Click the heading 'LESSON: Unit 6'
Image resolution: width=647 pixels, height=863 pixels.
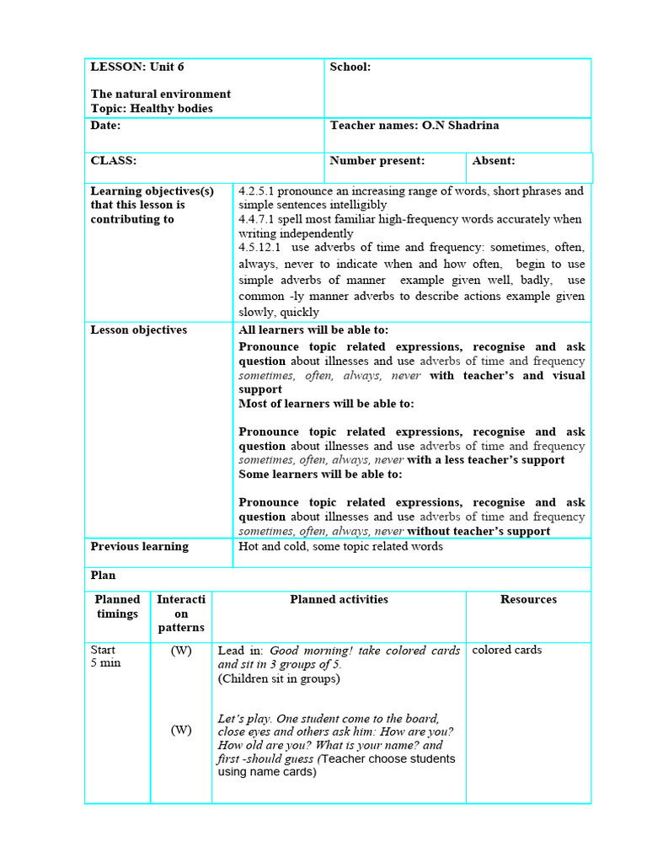(136, 67)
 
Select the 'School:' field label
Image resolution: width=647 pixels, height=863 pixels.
(350, 67)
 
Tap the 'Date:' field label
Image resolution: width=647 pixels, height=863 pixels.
(105, 125)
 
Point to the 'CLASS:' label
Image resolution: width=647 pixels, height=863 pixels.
(113, 160)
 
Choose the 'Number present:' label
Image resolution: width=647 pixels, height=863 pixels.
(377, 160)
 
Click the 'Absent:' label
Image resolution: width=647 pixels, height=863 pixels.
(494, 160)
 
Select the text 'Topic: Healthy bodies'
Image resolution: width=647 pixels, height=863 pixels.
(152, 109)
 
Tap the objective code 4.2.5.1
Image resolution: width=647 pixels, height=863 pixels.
(261, 191)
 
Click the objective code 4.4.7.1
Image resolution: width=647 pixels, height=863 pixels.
(261, 219)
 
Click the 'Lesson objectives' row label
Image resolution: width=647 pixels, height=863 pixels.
(138, 330)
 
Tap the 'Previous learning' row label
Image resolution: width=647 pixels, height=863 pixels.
(139, 546)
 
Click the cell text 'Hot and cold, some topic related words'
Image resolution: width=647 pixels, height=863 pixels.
(340, 546)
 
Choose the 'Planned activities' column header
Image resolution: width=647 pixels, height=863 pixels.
(339, 599)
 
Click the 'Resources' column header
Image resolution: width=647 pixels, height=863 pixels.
(528, 599)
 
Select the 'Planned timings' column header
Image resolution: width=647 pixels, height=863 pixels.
(117, 606)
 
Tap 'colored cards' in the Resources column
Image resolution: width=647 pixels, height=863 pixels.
(506, 650)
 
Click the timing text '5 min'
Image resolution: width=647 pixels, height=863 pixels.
(105, 663)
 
